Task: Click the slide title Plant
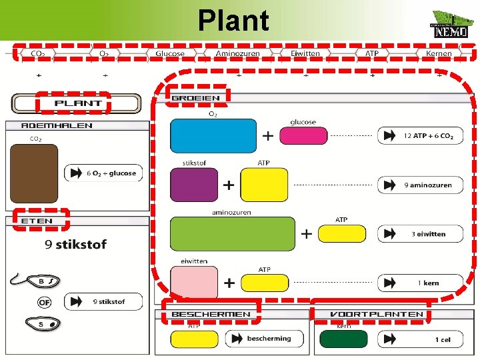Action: tap(233, 20)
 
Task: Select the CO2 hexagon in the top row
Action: tap(38, 53)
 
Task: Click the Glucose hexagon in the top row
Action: tap(170, 53)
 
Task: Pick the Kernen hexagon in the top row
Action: tap(438, 53)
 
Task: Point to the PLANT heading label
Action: tap(77, 103)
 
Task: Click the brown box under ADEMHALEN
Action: tap(33, 173)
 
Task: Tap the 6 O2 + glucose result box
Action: tap(103, 173)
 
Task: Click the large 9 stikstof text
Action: tap(75, 244)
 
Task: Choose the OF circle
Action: tap(45, 302)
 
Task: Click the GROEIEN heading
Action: tap(195, 98)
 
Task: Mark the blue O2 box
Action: tap(213, 136)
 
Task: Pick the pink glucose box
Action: tap(303, 135)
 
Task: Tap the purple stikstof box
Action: tap(194, 185)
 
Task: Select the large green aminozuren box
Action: tap(232, 233)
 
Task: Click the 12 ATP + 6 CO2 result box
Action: tap(420, 136)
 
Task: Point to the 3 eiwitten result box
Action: tap(420, 234)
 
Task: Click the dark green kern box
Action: tap(343, 339)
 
